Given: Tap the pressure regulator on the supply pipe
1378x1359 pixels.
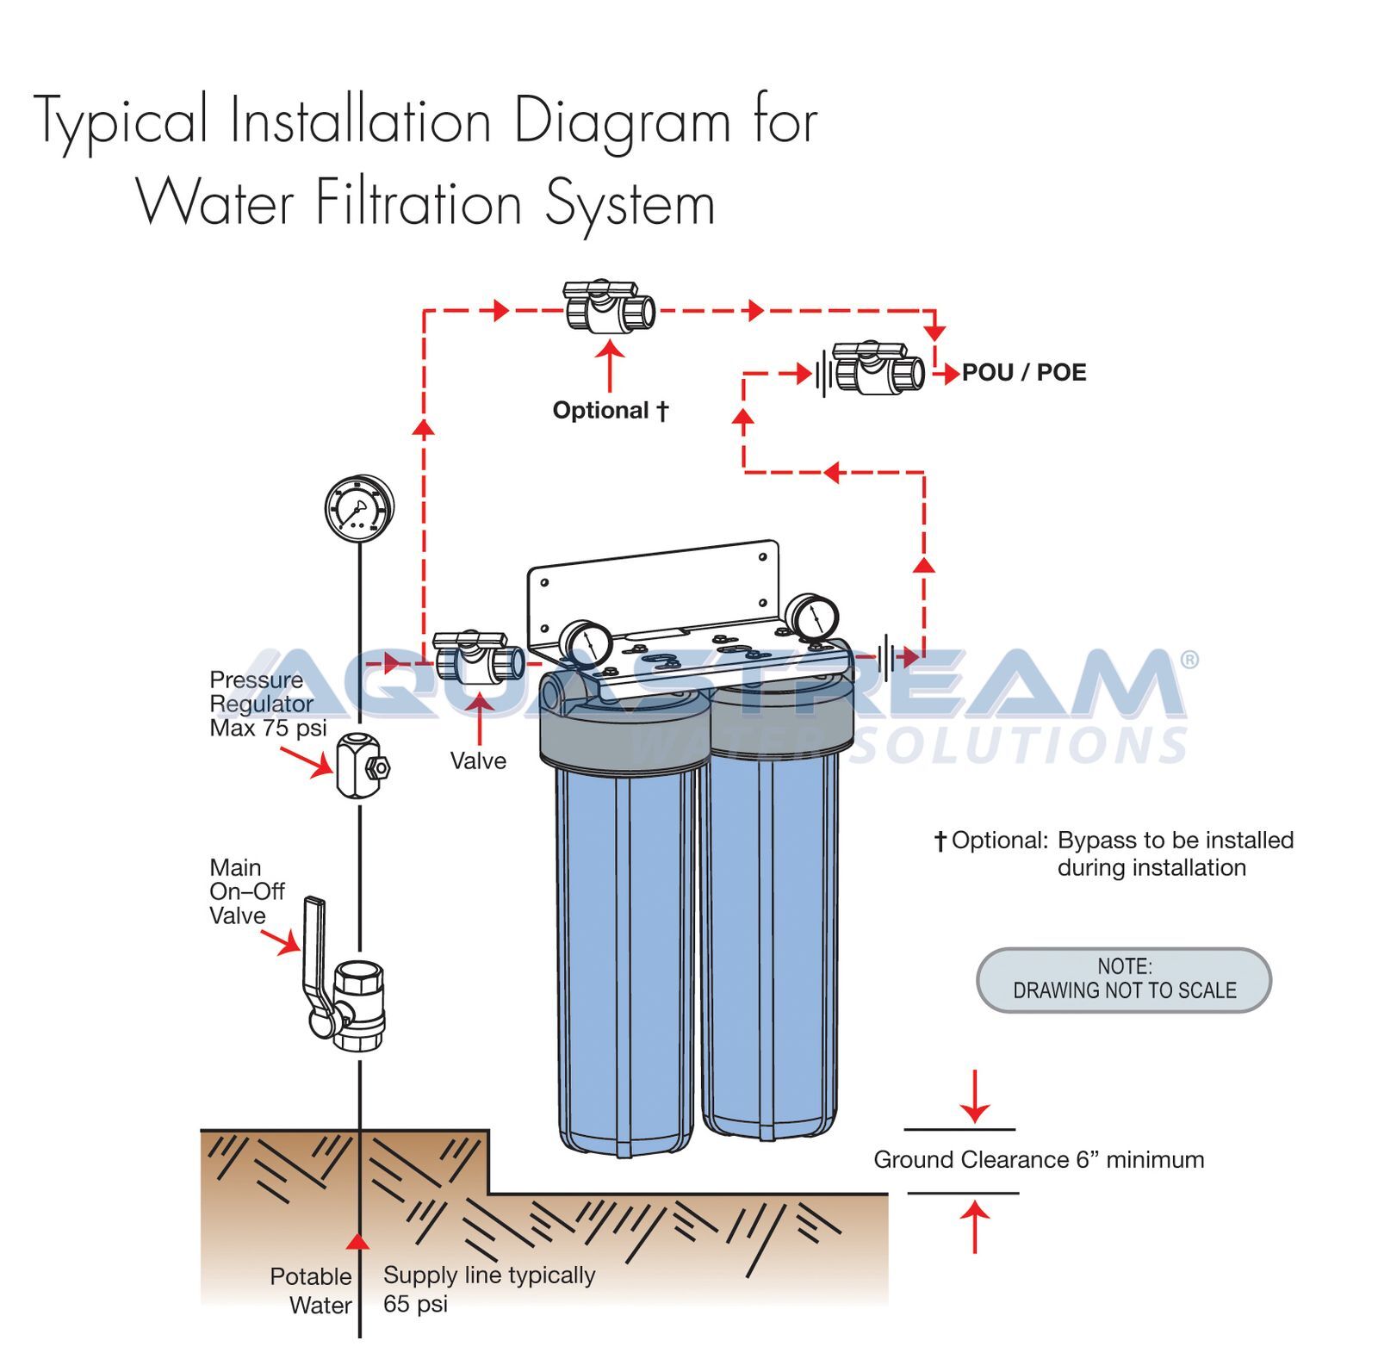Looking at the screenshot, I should tap(359, 765).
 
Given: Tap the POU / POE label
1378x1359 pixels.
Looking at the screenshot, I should tap(1023, 373).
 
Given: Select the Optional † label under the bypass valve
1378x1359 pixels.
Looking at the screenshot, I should tap(610, 411).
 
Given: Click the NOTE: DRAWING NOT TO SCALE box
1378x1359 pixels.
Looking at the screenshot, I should tap(1123, 979).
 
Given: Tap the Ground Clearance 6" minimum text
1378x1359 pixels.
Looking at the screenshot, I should tap(1038, 1160).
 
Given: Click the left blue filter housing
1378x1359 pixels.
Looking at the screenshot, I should tap(626, 956).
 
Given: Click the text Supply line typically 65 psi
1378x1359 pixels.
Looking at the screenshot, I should tap(488, 1288).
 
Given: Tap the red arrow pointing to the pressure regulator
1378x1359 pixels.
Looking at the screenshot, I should tap(306, 761).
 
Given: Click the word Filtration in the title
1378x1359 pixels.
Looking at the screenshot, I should tap(419, 204).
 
